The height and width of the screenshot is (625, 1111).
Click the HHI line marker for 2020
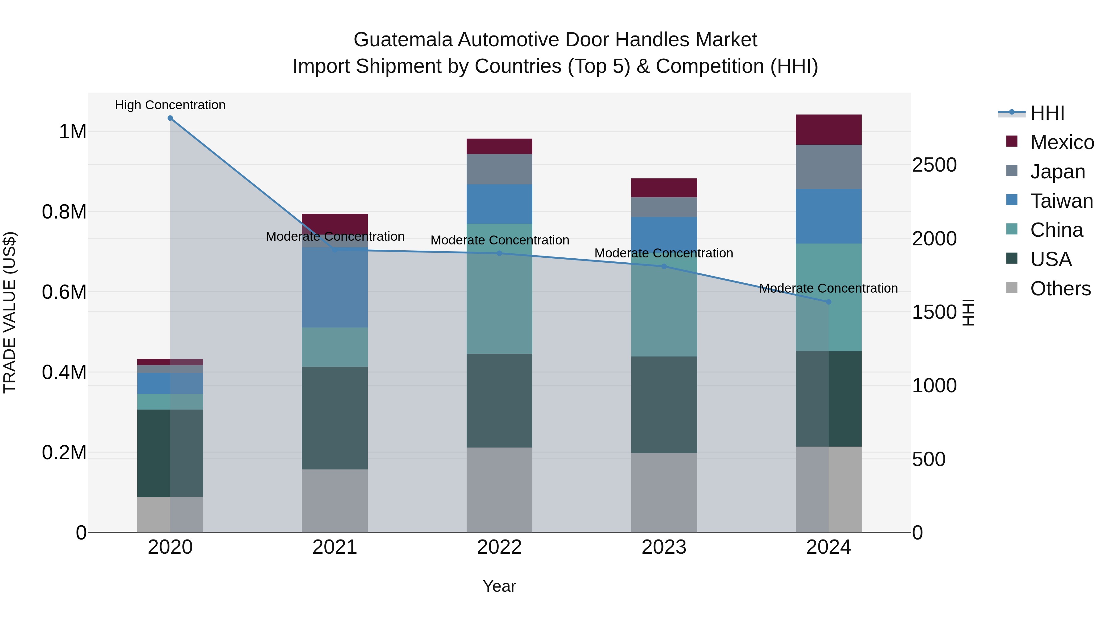170,118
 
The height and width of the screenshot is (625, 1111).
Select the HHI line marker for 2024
829,302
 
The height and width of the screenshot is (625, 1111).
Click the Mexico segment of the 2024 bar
829,130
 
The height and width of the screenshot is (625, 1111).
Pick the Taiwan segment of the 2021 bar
335,287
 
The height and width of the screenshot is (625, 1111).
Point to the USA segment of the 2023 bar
664,405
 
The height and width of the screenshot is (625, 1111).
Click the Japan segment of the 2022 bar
499,169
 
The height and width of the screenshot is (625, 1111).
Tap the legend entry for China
1056,230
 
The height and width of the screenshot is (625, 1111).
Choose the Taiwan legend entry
1061,201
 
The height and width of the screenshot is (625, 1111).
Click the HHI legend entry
1047,113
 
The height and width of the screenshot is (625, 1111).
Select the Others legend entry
1060,289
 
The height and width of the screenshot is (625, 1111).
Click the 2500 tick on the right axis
934,165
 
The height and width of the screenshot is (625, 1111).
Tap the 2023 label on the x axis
664,547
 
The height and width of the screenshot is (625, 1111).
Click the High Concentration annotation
170,105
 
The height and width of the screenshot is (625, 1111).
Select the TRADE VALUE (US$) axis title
10,312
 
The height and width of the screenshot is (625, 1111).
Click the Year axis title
499,586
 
